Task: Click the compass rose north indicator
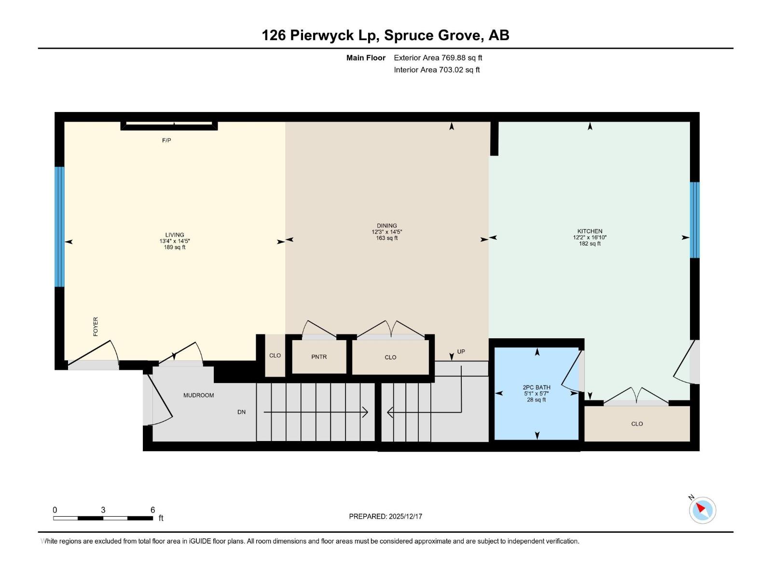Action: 702,510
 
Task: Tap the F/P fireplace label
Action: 166,140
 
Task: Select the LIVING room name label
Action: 175,235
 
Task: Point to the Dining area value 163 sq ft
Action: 387,238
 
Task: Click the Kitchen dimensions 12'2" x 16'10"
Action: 590,237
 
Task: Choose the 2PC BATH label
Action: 537,387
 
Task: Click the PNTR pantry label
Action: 319,357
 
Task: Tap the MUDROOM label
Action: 198,395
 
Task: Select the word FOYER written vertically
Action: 96,327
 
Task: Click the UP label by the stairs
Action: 461,352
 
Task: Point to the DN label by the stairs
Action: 242,412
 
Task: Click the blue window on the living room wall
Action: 59,227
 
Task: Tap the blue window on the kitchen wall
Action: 694,220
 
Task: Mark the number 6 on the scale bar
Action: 152,510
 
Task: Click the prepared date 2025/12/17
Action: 405,516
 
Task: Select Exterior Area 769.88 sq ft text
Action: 438,58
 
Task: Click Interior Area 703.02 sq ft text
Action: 437,70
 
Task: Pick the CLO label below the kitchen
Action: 637,424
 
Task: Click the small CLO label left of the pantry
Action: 275,356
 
